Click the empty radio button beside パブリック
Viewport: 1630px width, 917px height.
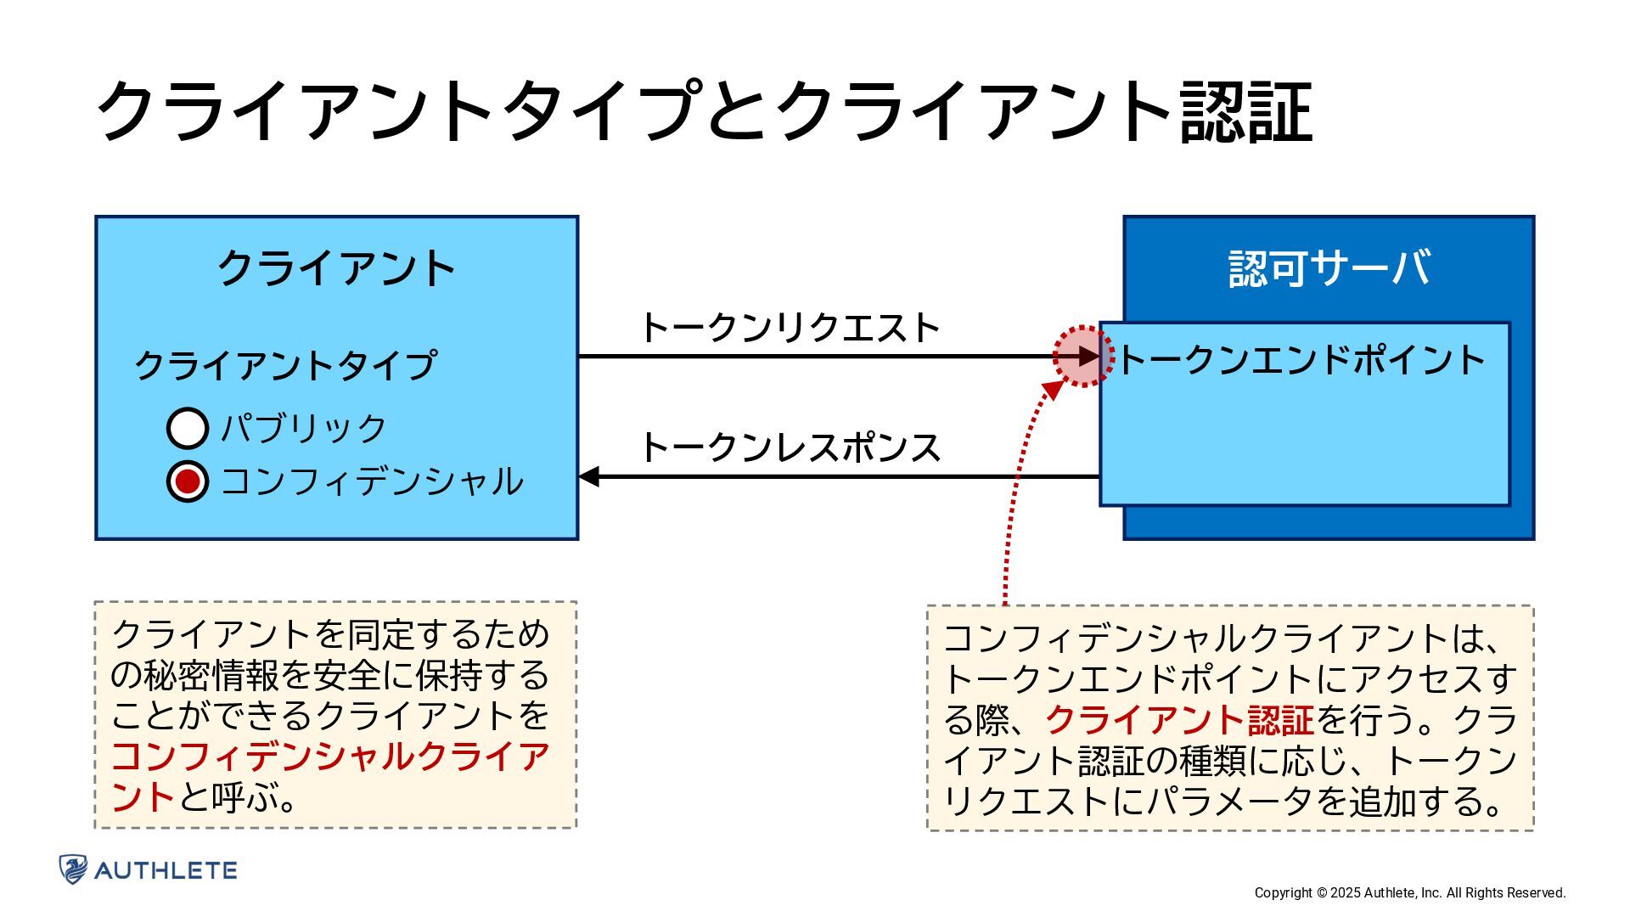pos(188,428)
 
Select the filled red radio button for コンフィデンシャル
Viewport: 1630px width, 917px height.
pos(188,481)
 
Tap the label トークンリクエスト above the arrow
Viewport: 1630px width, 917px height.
pos(790,328)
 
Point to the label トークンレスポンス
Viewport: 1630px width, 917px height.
pos(790,447)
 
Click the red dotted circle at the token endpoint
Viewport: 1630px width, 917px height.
pos(1083,357)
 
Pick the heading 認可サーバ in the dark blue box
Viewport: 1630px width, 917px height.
pos(1329,268)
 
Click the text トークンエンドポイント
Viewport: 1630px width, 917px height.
pos(1301,360)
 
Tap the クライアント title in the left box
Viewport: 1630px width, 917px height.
pos(337,268)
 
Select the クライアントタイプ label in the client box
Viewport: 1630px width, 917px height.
pos(286,365)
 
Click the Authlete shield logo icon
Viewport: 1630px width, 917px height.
pos(73,869)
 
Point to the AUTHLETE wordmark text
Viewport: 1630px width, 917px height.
pos(166,870)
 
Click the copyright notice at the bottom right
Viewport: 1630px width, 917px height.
pos(1409,892)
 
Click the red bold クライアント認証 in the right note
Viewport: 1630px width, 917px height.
pos(1179,720)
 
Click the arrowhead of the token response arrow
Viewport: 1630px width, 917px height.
pos(588,477)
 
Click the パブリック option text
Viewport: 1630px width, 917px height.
pos(303,428)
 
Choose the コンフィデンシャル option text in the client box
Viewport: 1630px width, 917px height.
pos(372,481)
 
